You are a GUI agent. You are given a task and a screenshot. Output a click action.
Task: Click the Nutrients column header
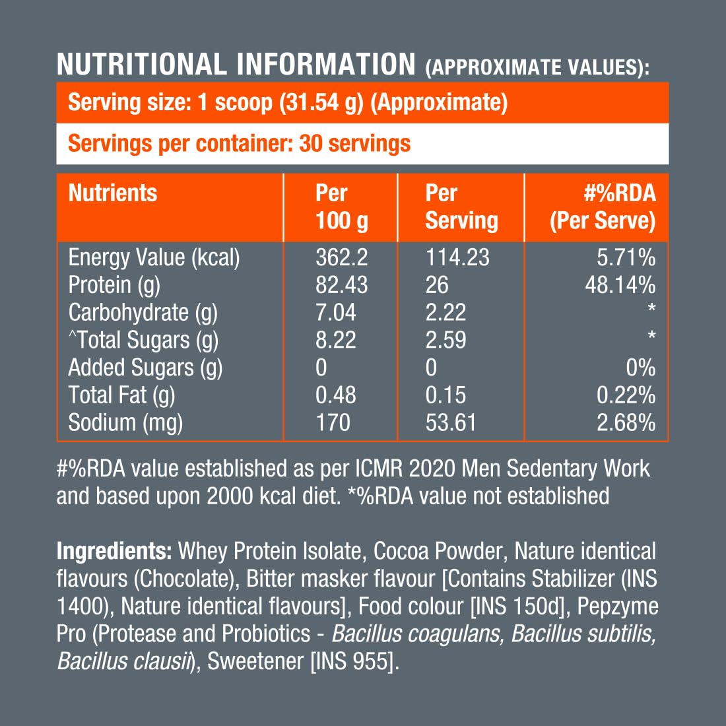pos(113,193)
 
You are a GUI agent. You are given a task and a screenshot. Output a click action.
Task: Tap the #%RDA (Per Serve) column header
pos(603,207)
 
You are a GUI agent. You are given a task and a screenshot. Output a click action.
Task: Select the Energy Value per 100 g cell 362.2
pos(342,257)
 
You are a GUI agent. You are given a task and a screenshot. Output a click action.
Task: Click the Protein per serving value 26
pos(437,285)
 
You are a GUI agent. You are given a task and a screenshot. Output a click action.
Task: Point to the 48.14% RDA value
pos(620,285)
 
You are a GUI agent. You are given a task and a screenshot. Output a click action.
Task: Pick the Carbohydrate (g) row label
pos(143,313)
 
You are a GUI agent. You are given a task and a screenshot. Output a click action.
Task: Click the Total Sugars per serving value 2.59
pos(445,341)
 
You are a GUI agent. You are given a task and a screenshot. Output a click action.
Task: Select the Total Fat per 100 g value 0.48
pos(335,395)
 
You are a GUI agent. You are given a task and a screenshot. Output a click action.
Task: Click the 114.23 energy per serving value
pos(457,257)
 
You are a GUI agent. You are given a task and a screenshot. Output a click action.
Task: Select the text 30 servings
pos(354,144)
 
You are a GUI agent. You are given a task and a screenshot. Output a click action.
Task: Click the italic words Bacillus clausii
pos(123,661)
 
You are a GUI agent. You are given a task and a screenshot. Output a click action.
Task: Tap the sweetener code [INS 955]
pos(354,661)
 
